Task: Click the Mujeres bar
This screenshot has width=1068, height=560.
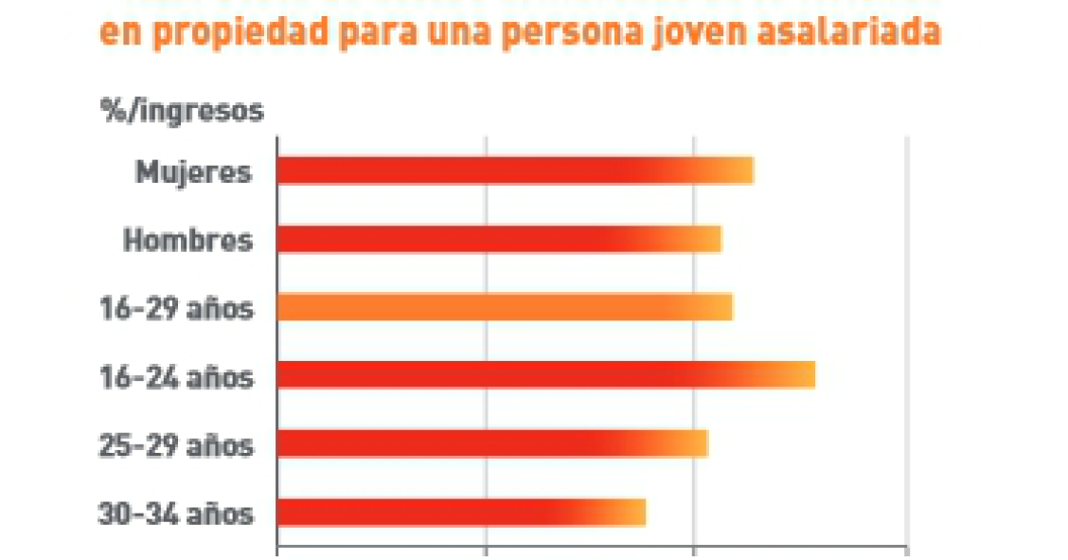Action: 514,171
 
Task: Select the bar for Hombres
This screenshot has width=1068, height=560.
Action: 498,239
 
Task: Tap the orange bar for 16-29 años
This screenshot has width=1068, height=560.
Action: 504,307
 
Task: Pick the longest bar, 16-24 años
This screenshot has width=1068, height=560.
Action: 545,375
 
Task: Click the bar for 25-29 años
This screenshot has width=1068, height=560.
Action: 491,443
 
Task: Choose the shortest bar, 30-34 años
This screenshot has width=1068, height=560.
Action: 460,512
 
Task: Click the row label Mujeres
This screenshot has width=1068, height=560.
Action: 194,172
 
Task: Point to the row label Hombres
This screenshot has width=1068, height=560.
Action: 188,241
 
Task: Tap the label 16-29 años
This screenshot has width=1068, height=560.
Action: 177,309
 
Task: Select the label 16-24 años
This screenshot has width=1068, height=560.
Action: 177,377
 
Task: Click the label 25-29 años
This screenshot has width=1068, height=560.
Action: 177,445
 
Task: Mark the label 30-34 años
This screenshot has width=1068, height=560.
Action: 177,514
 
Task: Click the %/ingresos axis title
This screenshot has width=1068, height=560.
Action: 182,111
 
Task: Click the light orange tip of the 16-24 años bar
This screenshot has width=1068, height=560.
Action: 800,375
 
